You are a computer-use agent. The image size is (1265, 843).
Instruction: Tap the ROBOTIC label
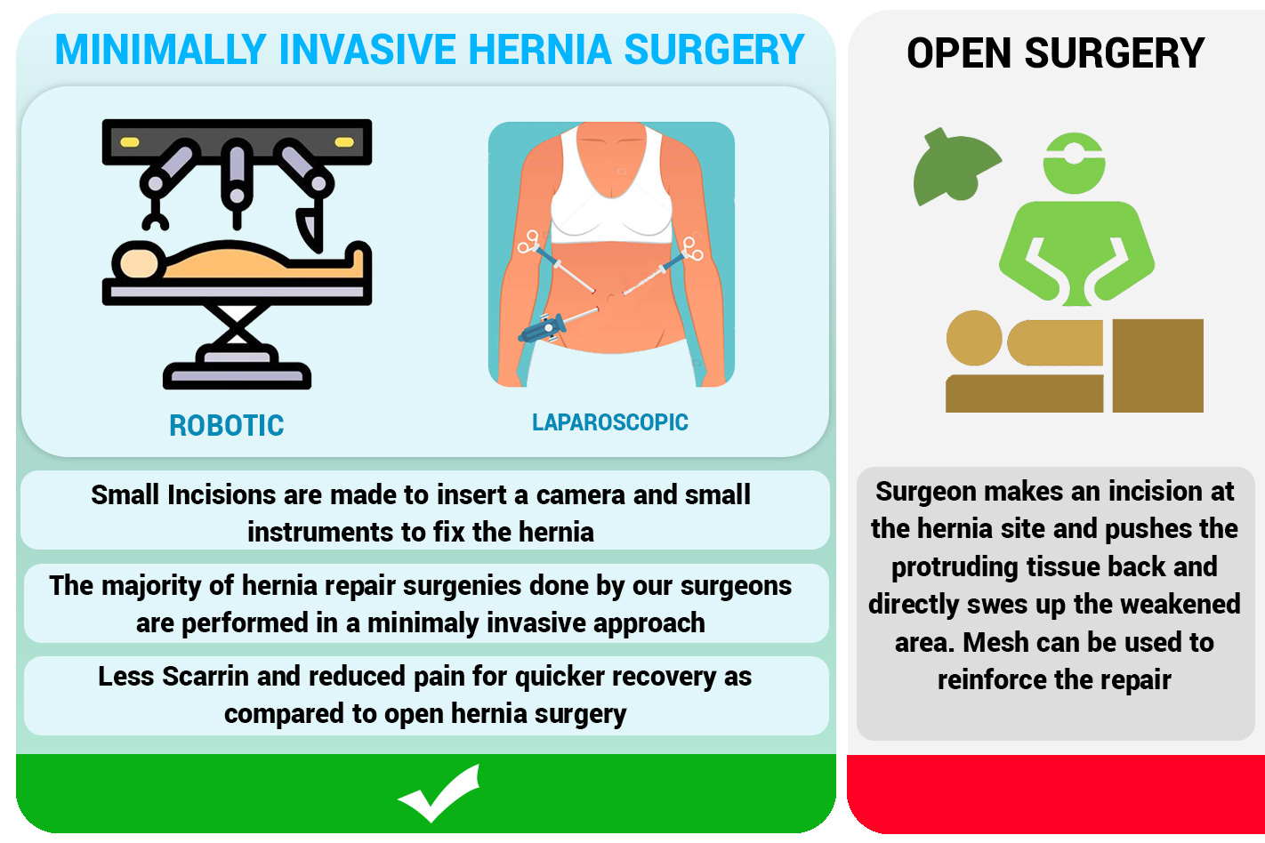(x=227, y=426)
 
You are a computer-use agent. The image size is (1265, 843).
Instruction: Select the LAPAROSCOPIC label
(x=610, y=422)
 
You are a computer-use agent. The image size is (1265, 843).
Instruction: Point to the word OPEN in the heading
(x=958, y=53)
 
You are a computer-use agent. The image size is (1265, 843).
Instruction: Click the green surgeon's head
(x=1074, y=164)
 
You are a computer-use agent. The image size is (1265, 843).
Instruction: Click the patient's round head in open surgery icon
(x=974, y=338)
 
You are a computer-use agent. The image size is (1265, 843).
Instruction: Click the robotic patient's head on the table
(x=139, y=261)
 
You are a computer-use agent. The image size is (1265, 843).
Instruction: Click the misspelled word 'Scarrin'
(x=205, y=677)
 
